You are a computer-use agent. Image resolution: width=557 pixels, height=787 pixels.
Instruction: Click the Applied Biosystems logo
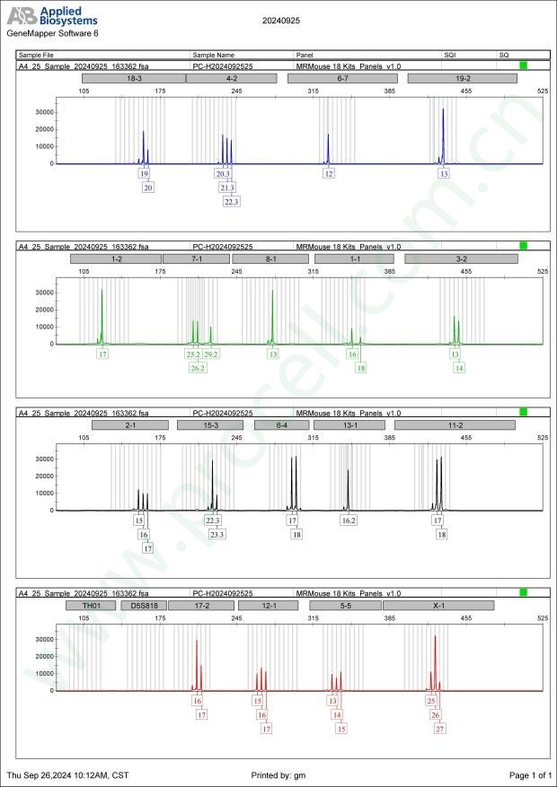pos(52,16)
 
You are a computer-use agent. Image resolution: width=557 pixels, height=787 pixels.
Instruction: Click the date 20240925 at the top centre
pos(281,19)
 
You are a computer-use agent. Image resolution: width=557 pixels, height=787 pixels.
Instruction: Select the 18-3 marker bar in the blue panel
pos(133,78)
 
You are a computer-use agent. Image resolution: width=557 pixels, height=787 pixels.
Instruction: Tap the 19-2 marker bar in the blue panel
pos(462,78)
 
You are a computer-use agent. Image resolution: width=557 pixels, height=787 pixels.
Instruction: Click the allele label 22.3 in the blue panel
pos(232,202)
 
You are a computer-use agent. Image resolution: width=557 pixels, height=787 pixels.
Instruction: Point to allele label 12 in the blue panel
pos(329,173)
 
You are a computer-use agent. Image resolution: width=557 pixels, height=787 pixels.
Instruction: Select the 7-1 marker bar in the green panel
pos(196,258)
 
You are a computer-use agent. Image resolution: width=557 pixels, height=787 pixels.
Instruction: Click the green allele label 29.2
pos(211,354)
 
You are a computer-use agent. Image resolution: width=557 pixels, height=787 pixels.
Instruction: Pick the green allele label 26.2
pos(198,368)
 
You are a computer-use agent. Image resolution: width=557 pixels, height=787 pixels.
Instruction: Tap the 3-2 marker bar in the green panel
pos(461,258)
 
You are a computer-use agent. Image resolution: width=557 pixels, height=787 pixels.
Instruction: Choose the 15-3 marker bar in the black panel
pos(210,425)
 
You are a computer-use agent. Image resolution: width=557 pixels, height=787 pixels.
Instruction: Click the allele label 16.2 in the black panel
pos(349,520)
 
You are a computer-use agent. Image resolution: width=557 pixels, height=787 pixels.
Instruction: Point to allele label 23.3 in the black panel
pos(217,534)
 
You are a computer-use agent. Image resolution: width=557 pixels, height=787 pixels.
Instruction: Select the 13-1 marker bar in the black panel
pos(349,425)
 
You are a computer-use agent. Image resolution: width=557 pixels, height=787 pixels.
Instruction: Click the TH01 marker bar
pos(91,606)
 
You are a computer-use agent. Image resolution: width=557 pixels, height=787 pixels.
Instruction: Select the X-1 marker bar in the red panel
pos(438,606)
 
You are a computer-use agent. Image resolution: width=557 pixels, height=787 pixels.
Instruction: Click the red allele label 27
pos(439,730)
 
